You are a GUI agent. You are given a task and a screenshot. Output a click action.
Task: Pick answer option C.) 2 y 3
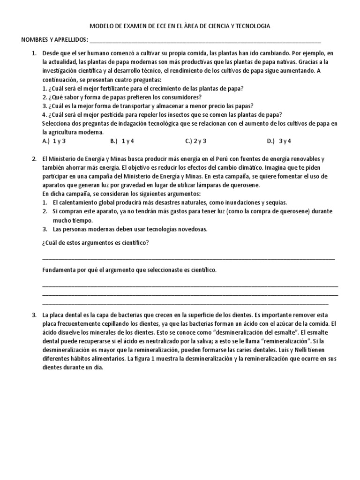pyautogui.click(x=196, y=141)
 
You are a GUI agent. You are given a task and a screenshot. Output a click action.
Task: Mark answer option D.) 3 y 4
pyautogui.click(x=279, y=141)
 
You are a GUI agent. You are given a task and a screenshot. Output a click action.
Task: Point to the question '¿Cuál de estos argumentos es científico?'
pyautogui.click(x=96, y=242)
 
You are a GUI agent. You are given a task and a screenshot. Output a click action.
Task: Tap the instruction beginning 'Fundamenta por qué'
pyautogui.click(x=129, y=270)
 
